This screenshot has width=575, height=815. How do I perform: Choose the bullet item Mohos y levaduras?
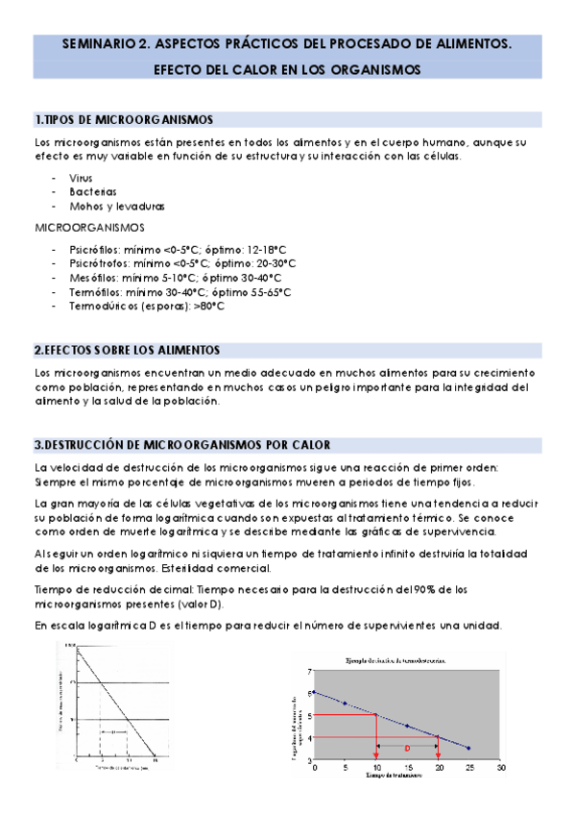point(117,206)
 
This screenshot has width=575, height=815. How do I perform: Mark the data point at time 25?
point(468,748)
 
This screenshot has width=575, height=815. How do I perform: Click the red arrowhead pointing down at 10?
point(375,755)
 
